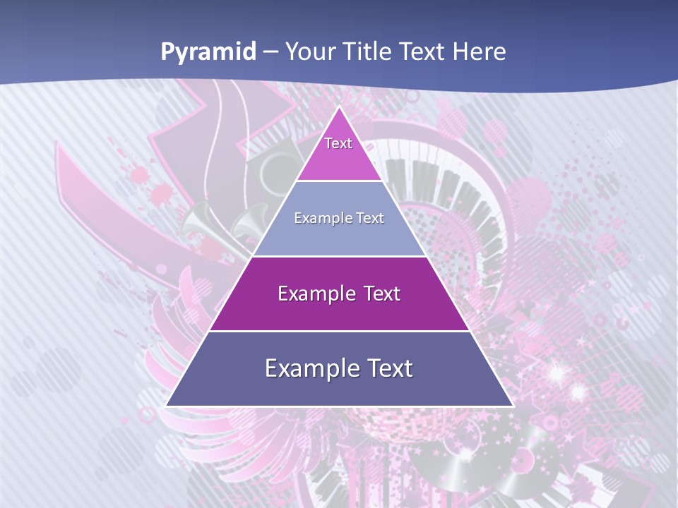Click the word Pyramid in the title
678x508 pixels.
point(208,52)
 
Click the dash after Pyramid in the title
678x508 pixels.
point(270,52)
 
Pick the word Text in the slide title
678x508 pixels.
point(425,52)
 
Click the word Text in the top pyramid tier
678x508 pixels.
point(338,143)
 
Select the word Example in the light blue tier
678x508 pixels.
point(319,218)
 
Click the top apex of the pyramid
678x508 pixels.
point(339,107)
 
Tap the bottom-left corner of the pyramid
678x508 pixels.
point(166,406)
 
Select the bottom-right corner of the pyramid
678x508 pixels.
point(513,406)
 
